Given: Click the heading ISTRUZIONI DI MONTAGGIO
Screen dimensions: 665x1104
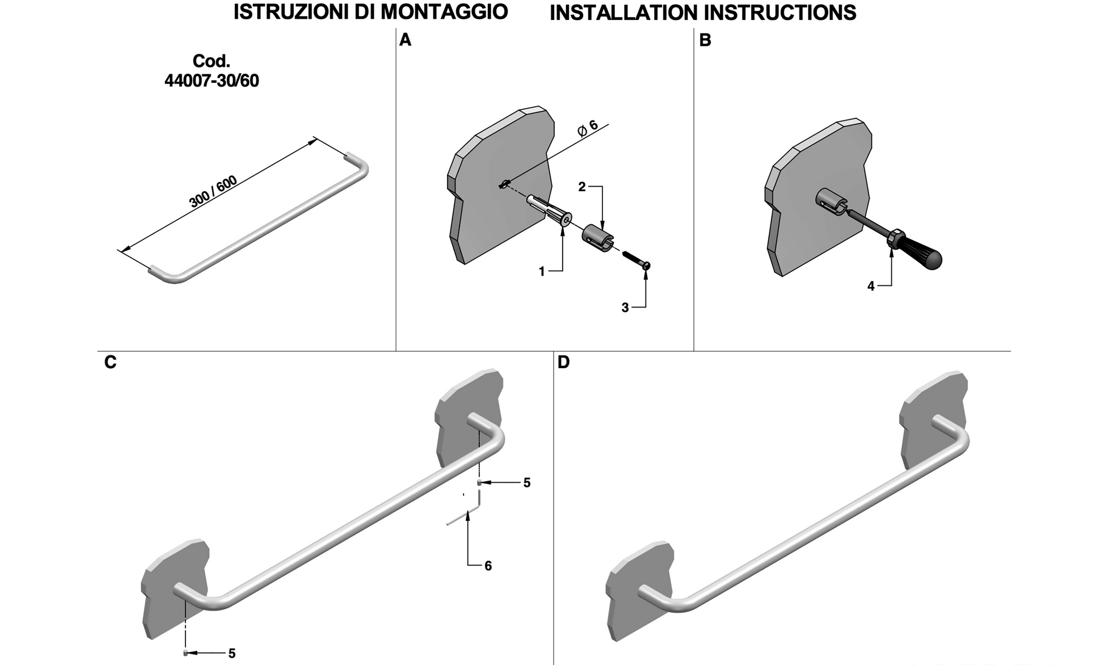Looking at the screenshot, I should point(370,12).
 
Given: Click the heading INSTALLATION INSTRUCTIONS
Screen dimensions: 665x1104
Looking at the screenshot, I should point(702,12).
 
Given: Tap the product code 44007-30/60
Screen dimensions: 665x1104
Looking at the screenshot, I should point(212,81).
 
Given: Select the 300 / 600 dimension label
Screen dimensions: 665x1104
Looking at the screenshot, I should point(213,192).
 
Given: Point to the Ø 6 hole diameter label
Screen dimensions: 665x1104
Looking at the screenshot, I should point(588,128).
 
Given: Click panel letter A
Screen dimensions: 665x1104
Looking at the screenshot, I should point(405,40).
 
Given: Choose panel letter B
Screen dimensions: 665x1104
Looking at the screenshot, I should point(705,40).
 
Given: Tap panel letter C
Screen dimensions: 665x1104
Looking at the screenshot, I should point(110,362).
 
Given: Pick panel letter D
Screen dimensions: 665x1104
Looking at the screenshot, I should point(563,362).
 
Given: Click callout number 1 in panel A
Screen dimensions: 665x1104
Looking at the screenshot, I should point(542,272).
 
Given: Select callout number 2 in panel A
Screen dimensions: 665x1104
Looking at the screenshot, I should point(582,187).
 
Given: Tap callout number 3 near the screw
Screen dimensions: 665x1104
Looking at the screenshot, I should point(625,308).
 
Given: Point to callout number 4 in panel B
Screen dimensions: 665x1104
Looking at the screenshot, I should point(871,287).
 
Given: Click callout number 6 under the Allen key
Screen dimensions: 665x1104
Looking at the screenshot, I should point(488,566).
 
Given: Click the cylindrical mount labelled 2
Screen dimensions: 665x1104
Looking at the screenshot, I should point(597,237).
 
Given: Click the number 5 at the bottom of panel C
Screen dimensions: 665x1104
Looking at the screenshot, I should point(232,654).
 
